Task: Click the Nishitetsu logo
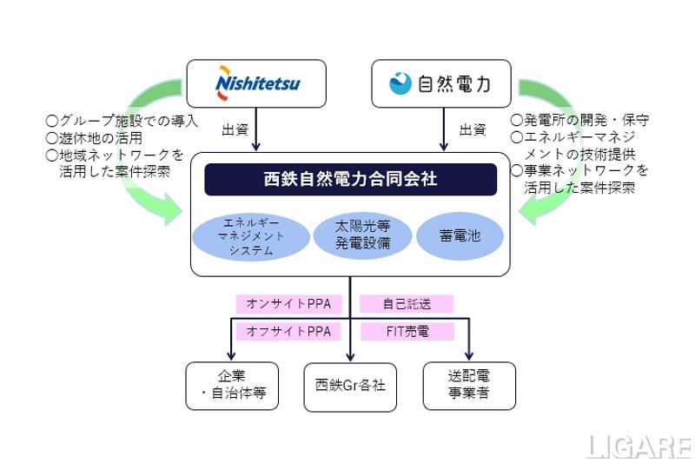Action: (x=256, y=83)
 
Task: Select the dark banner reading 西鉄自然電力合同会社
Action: (x=350, y=180)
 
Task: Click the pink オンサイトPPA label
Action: (x=288, y=304)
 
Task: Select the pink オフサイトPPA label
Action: (x=288, y=332)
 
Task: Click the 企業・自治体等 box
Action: (x=232, y=386)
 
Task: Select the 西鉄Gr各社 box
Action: (x=350, y=386)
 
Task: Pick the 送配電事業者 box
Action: (x=469, y=386)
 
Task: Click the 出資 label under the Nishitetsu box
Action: (x=235, y=130)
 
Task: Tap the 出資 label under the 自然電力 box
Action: (x=472, y=130)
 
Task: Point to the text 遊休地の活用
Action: (x=95, y=137)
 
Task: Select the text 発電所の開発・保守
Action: (x=579, y=120)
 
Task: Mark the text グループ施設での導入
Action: (x=122, y=120)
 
